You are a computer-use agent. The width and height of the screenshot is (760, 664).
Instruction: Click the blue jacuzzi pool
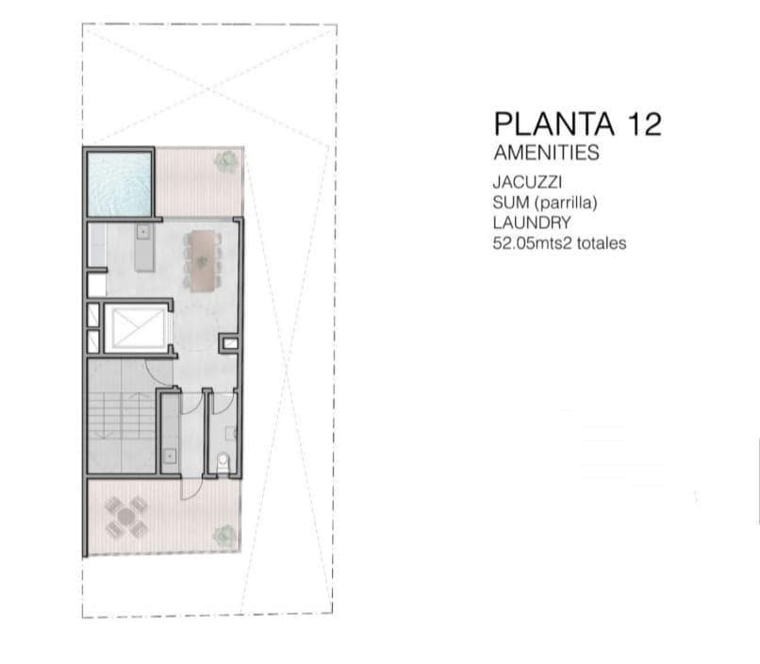point(119,183)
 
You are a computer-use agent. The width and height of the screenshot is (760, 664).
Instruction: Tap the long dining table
point(202,258)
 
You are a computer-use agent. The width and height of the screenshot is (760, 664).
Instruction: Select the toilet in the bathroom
point(223,461)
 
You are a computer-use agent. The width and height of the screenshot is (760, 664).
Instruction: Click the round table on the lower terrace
point(125,517)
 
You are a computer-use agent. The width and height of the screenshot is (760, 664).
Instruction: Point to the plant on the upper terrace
point(225,161)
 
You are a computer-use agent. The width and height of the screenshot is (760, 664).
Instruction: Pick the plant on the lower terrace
point(223,536)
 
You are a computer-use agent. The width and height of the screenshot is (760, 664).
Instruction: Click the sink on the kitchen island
point(143,231)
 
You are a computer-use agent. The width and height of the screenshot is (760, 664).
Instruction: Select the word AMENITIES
point(546,153)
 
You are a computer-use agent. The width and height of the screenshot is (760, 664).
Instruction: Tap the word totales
point(603,243)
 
